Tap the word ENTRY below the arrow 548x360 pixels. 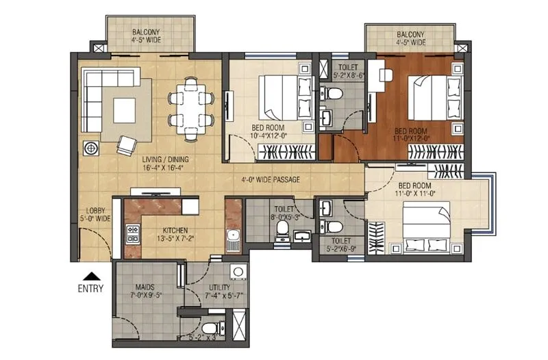90,288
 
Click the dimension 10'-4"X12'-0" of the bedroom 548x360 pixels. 269,136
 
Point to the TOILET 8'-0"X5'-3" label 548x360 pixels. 282,214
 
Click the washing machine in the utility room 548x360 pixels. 238,273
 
